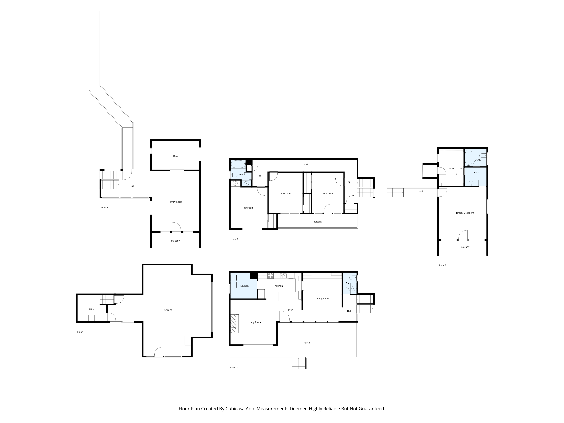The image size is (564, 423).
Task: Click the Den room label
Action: [175, 156]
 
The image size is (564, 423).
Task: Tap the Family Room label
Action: [175, 202]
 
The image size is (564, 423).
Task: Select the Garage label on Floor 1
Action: [168, 310]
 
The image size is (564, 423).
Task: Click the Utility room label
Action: [91, 309]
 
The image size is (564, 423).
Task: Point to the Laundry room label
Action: [245, 286]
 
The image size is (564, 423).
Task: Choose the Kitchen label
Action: [279, 286]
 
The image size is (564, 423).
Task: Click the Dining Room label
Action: [322, 299]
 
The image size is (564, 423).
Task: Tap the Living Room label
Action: [254, 322]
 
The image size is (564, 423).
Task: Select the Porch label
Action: [307, 343]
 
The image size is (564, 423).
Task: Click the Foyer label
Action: [289, 310]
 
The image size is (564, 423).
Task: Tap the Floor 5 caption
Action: [442, 265]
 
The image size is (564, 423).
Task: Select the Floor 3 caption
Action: [104, 208]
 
